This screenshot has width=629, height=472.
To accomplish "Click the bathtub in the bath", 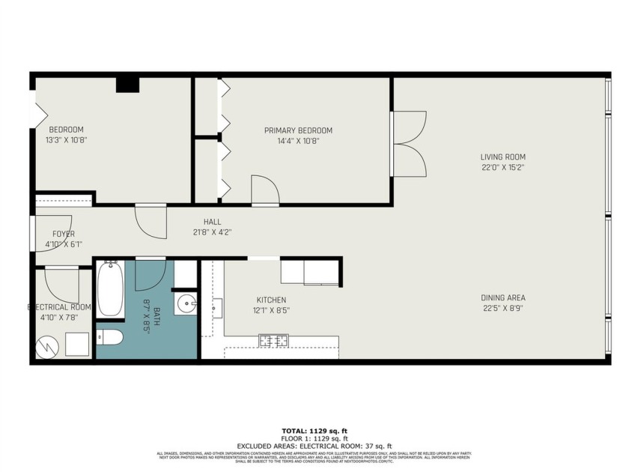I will pyautogui.click(x=109, y=288).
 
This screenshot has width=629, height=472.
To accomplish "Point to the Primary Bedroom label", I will pyautogui.click(x=298, y=130).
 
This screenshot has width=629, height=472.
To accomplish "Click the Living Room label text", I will pyautogui.click(x=502, y=157).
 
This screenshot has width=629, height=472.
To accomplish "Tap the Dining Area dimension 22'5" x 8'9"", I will pyautogui.click(x=502, y=307).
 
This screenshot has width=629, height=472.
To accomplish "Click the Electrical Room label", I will pyautogui.click(x=60, y=307).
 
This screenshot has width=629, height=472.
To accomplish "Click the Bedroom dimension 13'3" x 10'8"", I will pyautogui.click(x=66, y=139).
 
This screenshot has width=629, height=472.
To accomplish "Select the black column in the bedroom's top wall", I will pyautogui.click(x=127, y=84).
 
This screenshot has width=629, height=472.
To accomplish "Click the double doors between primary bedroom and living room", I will pyautogui.click(x=409, y=144).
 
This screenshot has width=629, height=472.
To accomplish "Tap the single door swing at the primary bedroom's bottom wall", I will pyautogui.click(x=265, y=190).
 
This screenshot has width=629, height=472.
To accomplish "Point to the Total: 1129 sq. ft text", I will pyautogui.click(x=314, y=431).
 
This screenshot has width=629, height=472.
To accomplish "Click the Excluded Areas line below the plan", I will pyautogui.click(x=314, y=446).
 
